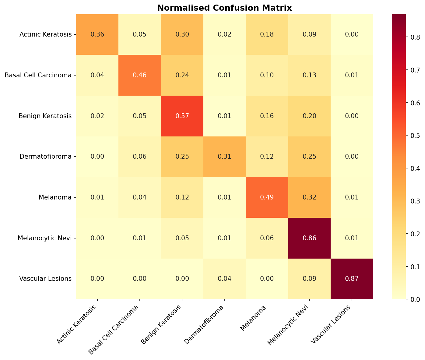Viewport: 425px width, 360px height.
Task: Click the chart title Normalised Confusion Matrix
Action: point(224,8)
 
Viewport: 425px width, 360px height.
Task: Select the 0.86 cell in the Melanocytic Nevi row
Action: point(309,238)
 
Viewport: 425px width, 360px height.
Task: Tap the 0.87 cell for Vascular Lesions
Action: point(352,279)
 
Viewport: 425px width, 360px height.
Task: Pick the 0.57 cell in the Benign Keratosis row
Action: point(182,116)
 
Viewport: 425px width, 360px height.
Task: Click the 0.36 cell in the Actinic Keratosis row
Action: point(97,34)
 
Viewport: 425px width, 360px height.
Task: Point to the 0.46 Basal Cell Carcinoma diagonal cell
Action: point(139,75)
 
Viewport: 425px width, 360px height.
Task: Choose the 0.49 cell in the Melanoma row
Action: point(267,197)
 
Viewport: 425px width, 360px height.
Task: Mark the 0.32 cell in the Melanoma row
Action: point(309,197)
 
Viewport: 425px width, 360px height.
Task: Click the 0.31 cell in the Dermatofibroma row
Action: point(224,157)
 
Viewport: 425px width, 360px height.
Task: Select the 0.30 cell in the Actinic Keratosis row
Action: point(182,34)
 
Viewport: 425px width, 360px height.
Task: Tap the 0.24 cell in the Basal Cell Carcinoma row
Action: point(182,75)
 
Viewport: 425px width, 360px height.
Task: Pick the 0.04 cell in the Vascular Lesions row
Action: point(224,279)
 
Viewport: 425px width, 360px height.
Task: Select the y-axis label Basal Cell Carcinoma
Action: point(38,75)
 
